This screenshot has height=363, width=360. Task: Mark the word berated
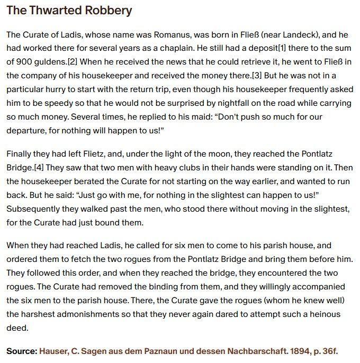(91, 181)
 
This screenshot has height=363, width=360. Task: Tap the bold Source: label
(22, 351)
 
